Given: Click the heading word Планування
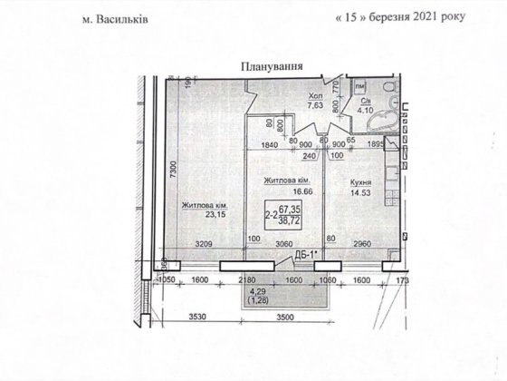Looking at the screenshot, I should coord(271,65).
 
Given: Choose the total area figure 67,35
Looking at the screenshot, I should coord(290,209).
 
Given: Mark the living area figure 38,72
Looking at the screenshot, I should coord(290,221).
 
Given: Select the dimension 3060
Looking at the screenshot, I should coord(285,244).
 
